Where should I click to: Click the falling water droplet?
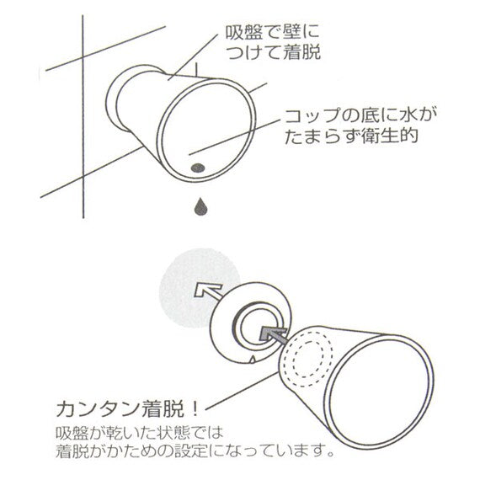pos(200,207)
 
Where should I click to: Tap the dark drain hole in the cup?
pos(198,168)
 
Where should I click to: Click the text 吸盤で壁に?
pos(273,33)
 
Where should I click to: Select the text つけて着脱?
pos(274,52)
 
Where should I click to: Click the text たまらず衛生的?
pos(351,135)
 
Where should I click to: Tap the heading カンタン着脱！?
pos(128,409)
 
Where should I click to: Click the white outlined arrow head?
pos(206,290)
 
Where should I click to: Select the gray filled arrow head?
pos(271,333)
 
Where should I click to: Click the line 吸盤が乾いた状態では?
pos(140,433)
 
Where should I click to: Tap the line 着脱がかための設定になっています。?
pos(195,451)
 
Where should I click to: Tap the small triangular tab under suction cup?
pos(253,359)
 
